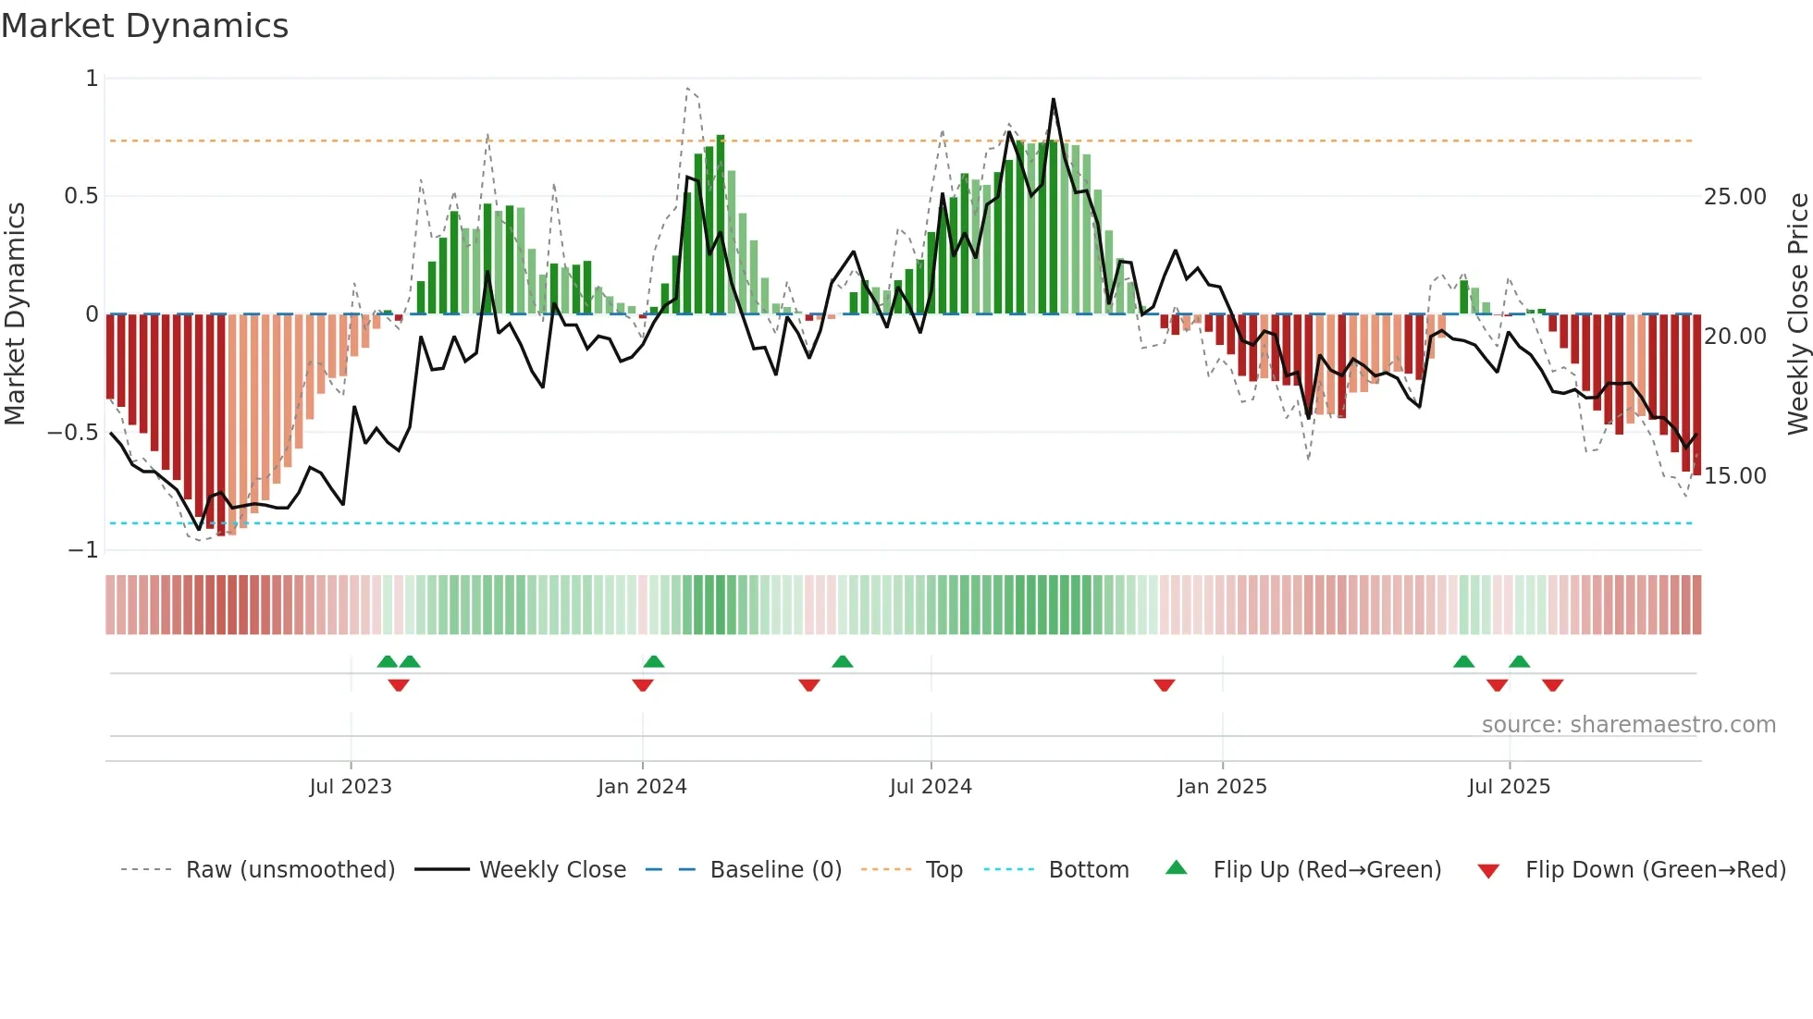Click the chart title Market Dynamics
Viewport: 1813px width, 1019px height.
coord(144,26)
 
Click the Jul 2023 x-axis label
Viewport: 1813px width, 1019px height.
coord(351,786)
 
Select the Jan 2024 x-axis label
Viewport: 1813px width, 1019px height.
coord(642,786)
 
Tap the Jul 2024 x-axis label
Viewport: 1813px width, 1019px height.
coord(931,786)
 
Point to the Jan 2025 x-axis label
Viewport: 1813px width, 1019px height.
coord(1222,786)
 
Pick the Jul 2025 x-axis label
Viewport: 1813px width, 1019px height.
coord(1509,786)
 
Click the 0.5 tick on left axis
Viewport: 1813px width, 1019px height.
coord(81,196)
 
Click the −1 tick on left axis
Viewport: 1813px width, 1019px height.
coord(83,549)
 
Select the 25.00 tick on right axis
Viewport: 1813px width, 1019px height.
coord(1735,196)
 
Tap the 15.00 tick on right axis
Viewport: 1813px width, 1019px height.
coord(1735,475)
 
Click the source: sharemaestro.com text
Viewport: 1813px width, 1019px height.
coord(1628,724)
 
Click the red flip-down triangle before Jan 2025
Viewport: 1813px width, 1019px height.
coord(1165,685)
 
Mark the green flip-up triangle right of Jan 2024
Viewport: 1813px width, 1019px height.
coord(654,661)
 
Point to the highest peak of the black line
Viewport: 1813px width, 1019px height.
coord(1053,99)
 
